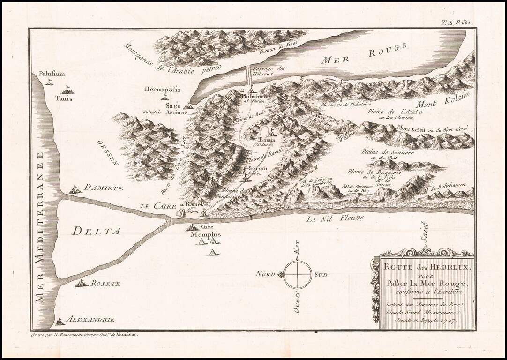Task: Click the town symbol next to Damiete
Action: coord(75,190)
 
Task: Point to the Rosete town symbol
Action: coord(81,283)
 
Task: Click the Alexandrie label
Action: coord(90,320)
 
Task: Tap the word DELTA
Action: coord(97,230)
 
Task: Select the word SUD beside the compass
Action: coord(323,274)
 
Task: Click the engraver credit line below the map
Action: coord(86,335)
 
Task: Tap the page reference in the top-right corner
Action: coord(456,22)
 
